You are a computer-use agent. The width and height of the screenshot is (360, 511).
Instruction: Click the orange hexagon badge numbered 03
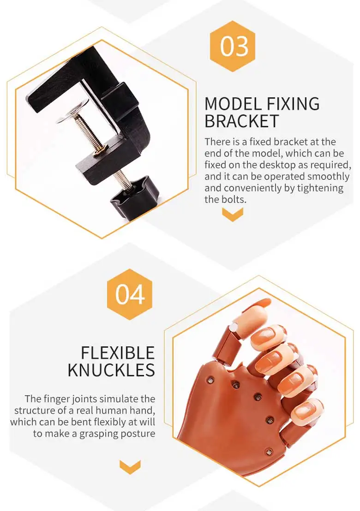(x=233, y=47)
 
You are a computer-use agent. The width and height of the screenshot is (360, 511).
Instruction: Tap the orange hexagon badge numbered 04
(x=130, y=294)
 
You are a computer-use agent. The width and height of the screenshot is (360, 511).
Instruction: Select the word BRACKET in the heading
(x=241, y=121)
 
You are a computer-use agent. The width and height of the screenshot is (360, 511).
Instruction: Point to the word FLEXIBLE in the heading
(x=118, y=353)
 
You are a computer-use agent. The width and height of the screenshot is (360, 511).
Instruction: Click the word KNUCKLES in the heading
(x=111, y=370)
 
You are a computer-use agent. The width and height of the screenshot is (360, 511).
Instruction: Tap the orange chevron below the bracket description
(x=233, y=214)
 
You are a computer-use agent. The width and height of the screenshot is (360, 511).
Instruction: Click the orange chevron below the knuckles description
(x=130, y=467)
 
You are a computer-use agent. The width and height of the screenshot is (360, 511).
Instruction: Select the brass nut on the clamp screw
(x=100, y=149)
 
